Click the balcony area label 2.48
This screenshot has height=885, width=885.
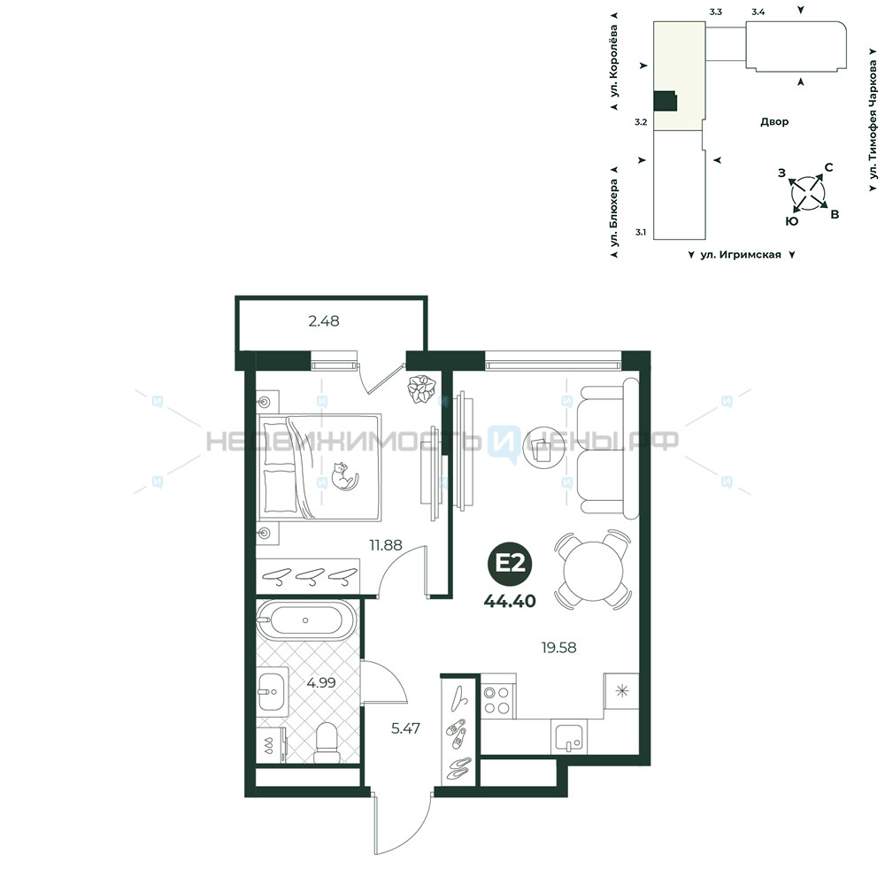[324, 321]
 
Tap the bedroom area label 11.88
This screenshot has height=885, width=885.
[386, 545]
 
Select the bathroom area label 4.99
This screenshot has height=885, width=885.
[321, 682]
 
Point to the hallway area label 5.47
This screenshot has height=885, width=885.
[405, 728]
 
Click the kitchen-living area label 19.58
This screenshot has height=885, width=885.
[558, 648]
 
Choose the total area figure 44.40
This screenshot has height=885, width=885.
[510, 601]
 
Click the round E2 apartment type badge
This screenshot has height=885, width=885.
[511, 563]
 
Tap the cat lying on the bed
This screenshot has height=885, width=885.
[344, 476]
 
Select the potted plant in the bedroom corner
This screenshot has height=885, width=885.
[421, 389]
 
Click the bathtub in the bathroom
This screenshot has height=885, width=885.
[306, 620]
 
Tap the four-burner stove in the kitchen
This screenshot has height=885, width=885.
[497, 699]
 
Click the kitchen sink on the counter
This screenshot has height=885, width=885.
[569, 738]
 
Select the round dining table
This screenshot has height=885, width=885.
[593, 570]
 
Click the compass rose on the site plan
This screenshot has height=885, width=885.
[808, 193]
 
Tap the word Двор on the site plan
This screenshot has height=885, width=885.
[774, 122]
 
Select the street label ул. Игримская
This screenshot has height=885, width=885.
[741, 255]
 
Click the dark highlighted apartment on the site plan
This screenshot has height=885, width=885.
[665, 101]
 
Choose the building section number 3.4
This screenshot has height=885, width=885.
[758, 12]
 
